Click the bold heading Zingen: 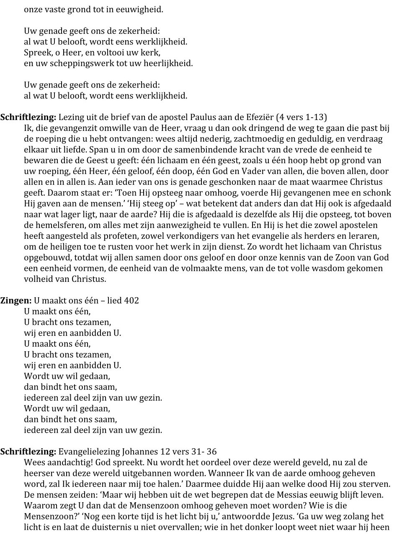pos(15,300)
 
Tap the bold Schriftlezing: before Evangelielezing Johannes pos(28,451)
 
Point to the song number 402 pos(131,300)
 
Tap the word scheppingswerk pos(64,63)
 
